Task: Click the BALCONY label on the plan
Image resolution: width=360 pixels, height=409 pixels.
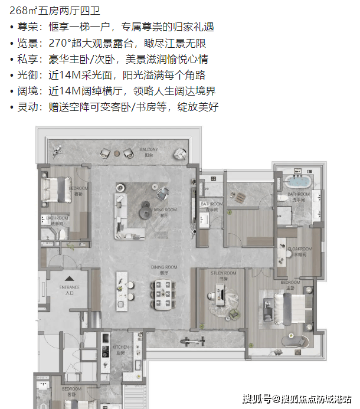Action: [x=148, y=150]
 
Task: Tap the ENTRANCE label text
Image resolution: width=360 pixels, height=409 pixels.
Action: [x=70, y=289]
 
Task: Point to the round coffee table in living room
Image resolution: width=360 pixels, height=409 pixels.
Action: [x=144, y=207]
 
